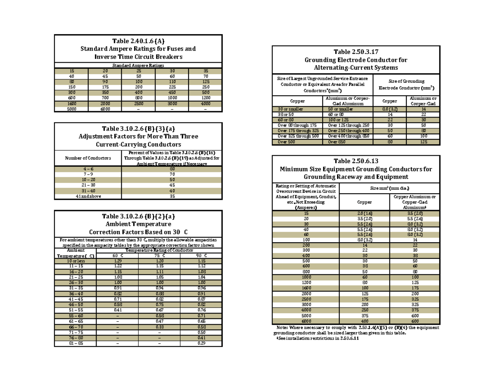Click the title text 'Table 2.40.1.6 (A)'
(x=138, y=41)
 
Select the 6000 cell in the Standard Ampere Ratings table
(x=105, y=109)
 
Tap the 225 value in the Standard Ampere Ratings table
(x=172, y=87)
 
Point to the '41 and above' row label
(x=87, y=197)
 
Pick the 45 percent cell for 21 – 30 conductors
(x=172, y=185)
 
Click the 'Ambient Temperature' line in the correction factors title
(x=138, y=224)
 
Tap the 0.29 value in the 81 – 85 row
(x=201, y=343)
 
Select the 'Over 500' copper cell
(x=297, y=142)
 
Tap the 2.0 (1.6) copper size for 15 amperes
(x=364, y=213)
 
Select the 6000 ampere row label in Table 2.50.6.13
(x=306, y=321)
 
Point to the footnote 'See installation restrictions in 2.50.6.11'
(x=318, y=339)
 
